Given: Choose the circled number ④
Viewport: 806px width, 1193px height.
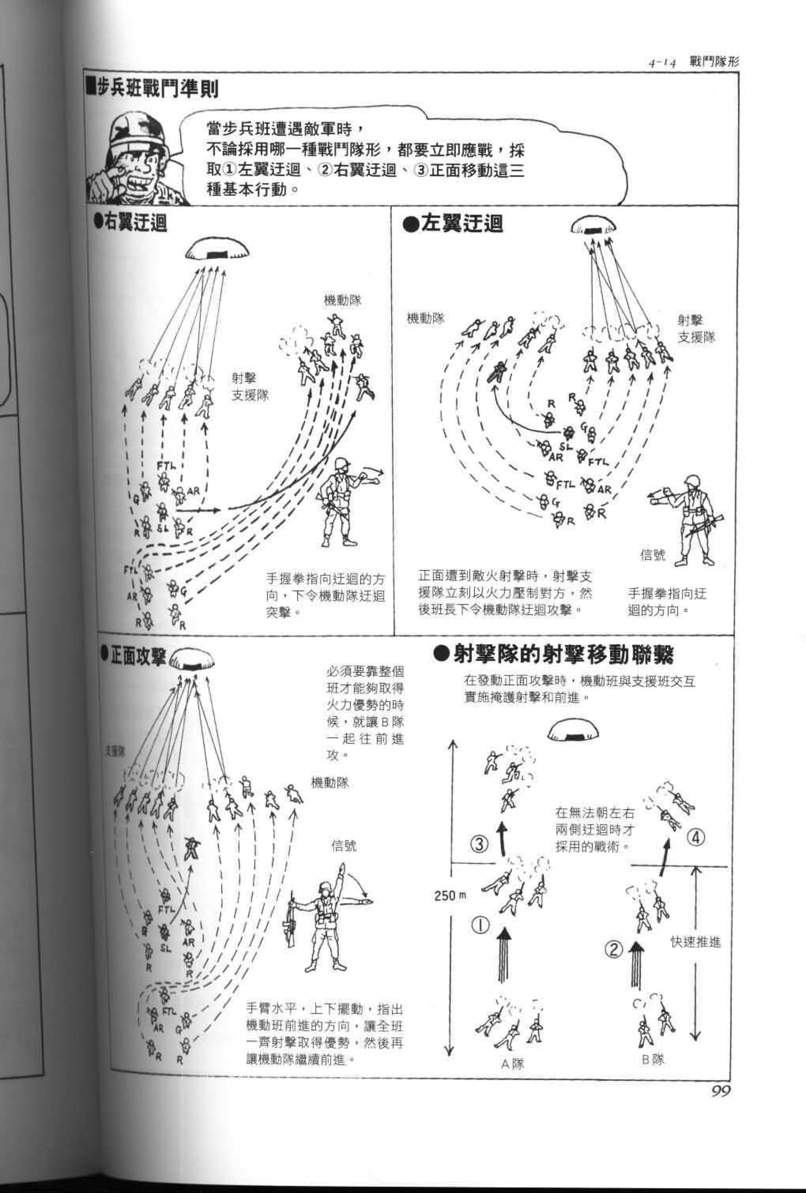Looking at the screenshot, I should point(696,838).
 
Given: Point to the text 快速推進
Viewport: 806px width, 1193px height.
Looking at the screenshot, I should point(696,942).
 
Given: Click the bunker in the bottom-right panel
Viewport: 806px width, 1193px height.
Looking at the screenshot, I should point(573,730).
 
